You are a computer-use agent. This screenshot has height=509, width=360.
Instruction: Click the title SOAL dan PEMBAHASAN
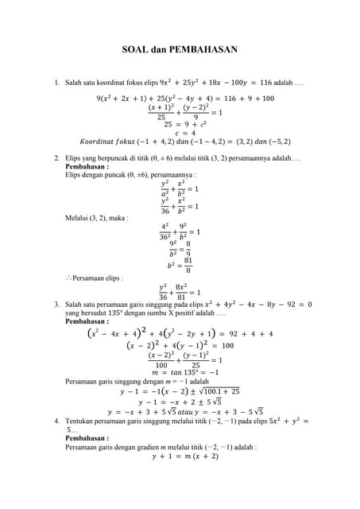pos(180,50)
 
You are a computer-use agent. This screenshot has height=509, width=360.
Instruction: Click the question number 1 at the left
pos(56,83)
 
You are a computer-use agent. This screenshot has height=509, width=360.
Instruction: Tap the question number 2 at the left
pos(56,160)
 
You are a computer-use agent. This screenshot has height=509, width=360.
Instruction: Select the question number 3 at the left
pos(56,305)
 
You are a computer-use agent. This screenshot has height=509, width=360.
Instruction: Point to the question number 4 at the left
pos(56,420)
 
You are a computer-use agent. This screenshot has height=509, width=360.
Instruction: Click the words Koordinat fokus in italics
pos(107,142)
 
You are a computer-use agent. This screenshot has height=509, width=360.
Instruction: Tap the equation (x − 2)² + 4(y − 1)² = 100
pos(180,346)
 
